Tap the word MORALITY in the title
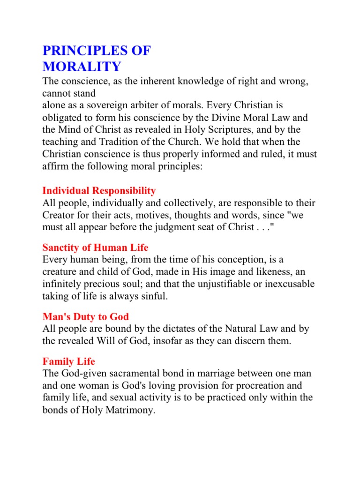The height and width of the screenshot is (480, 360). (82, 66)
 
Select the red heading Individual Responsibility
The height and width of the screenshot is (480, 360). (99, 191)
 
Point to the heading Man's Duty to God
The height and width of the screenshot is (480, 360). (85, 317)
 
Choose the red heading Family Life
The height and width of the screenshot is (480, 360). (69, 361)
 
